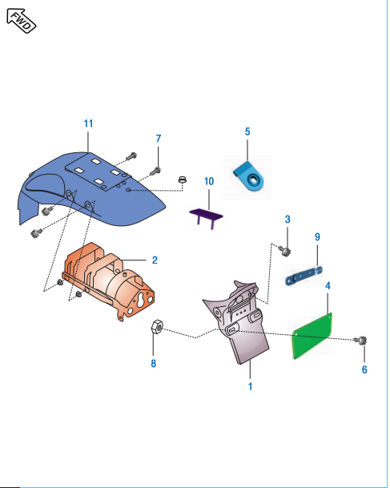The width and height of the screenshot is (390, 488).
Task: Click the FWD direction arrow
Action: [21, 21]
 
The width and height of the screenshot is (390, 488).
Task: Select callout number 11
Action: [88, 123]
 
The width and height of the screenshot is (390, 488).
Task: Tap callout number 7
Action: [159, 139]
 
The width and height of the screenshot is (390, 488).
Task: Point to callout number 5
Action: [247, 131]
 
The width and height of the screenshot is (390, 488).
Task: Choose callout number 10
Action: [209, 181]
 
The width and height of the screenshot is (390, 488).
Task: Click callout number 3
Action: [287, 220]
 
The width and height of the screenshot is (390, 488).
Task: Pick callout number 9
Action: [317, 237]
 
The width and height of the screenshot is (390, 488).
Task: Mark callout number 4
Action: [328, 286]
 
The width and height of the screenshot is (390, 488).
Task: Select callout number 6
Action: [364, 369]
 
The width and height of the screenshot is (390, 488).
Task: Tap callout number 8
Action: [153, 364]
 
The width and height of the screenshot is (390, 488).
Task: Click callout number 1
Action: [251, 386]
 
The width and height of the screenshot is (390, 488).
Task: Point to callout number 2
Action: [155, 260]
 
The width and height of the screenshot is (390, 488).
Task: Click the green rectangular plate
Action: [312, 336]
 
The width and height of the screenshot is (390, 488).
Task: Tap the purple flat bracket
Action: [206, 216]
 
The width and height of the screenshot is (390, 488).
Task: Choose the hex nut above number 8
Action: [156, 328]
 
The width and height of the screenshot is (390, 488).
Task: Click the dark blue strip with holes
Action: [304, 275]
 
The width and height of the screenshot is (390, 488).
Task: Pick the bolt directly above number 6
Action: [361, 341]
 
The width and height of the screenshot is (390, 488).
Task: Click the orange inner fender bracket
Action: [108, 281]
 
